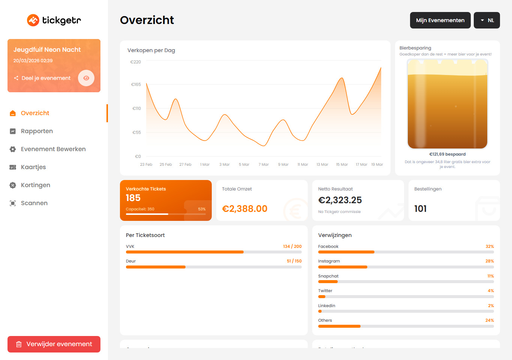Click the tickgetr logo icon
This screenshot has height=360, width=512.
(x=33, y=20)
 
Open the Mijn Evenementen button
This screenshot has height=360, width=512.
(x=440, y=20)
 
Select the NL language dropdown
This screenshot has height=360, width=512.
(x=487, y=20)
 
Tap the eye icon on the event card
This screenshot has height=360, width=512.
(x=86, y=78)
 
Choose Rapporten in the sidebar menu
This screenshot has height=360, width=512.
(x=37, y=131)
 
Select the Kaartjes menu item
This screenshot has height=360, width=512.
(x=33, y=167)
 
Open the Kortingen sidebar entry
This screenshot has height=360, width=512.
(x=35, y=185)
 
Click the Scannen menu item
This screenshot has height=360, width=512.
(x=34, y=203)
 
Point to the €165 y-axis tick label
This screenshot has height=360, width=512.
(x=136, y=84)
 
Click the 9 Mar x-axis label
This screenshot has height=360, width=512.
(x=283, y=165)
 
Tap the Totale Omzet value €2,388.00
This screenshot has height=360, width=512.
(x=245, y=209)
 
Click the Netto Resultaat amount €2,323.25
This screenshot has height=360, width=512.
(x=340, y=200)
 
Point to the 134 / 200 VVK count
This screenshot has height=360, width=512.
(x=292, y=246)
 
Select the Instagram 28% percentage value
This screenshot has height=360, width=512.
(x=490, y=261)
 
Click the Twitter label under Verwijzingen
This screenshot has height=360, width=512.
(x=325, y=291)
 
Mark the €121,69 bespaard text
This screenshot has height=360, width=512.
(x=448, y=154)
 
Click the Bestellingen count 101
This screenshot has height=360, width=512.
(x=421, y=209)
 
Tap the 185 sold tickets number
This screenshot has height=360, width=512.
(x=133, y=198)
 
